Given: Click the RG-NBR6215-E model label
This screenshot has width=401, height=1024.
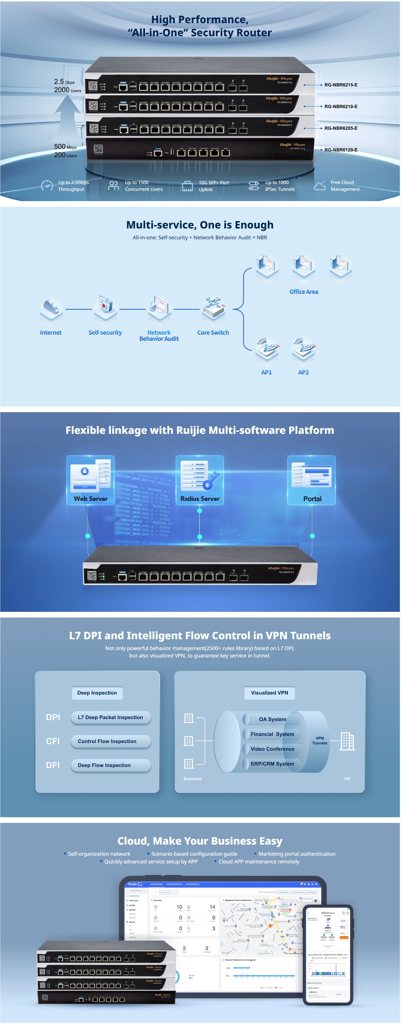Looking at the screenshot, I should [340, 85].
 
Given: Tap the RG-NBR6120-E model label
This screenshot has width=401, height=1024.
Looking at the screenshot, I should [340, 150].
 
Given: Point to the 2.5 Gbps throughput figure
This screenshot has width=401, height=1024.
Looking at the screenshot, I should [64, 82].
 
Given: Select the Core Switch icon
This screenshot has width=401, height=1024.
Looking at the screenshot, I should [213, 308].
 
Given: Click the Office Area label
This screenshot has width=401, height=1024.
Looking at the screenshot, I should [304, 292].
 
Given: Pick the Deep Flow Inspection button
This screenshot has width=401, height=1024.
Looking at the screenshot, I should [110, 765].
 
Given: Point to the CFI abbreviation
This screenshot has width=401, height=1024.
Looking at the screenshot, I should [53, 741].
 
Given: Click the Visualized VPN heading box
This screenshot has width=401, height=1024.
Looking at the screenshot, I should [269, 693].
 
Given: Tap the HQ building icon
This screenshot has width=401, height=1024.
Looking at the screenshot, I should [347, 741].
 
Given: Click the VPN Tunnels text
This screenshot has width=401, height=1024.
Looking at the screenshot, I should [319, 740].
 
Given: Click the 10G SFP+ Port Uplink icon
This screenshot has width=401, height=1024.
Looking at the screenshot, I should [188, 186].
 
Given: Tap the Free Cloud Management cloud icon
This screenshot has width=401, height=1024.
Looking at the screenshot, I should [320, 186].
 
